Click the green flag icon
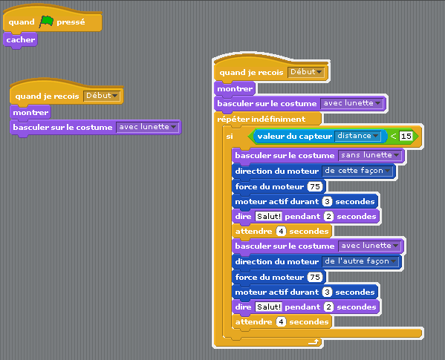46,22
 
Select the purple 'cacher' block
20,40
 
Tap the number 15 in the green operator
406,136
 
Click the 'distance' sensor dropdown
357,136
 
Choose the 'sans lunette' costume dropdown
370,155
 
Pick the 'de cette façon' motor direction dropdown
357,171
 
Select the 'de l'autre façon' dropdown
360,261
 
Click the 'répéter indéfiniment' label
261,119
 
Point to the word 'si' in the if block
230,137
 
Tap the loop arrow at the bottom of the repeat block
314,342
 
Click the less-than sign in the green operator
393,136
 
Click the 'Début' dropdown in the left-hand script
102,96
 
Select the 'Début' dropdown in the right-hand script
306,72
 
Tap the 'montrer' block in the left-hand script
30,113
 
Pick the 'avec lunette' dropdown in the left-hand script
147,127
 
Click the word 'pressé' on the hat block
71,22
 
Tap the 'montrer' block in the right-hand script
235,89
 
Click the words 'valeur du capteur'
295,137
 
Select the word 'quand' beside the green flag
22,22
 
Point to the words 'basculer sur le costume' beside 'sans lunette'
285,156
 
